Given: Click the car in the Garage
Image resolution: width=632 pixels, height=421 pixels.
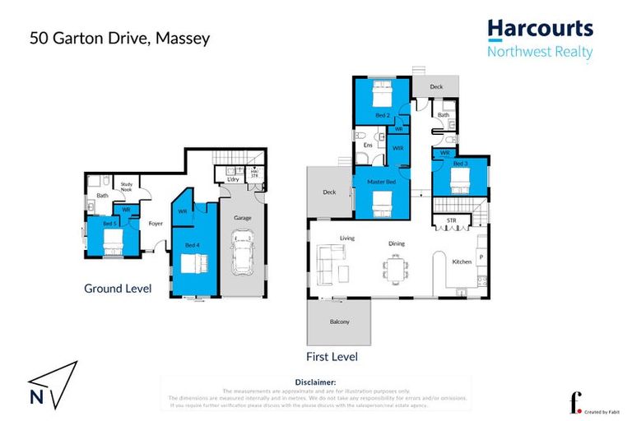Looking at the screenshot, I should [x=243, y=256].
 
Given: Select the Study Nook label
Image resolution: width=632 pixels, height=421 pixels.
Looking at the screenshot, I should [x=127, y=187].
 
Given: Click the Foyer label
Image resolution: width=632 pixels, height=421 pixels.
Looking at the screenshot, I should [x=155, y=223].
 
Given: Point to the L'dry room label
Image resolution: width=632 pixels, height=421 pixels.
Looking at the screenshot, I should [x=233, y=179].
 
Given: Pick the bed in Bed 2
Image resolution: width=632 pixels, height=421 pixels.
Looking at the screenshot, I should [x=381, y=96].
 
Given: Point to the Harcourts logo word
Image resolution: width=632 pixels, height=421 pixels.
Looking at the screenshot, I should [x=540, y=29].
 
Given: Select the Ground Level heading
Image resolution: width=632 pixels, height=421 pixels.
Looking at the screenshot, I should [x=118, y=289].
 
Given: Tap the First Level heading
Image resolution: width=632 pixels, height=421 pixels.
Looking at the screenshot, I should [x=331, y=357].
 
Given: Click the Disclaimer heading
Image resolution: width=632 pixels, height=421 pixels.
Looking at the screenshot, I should [x=315, y=382].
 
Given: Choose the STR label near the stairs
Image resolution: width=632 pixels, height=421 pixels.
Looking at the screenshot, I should [x=451, y=220].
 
